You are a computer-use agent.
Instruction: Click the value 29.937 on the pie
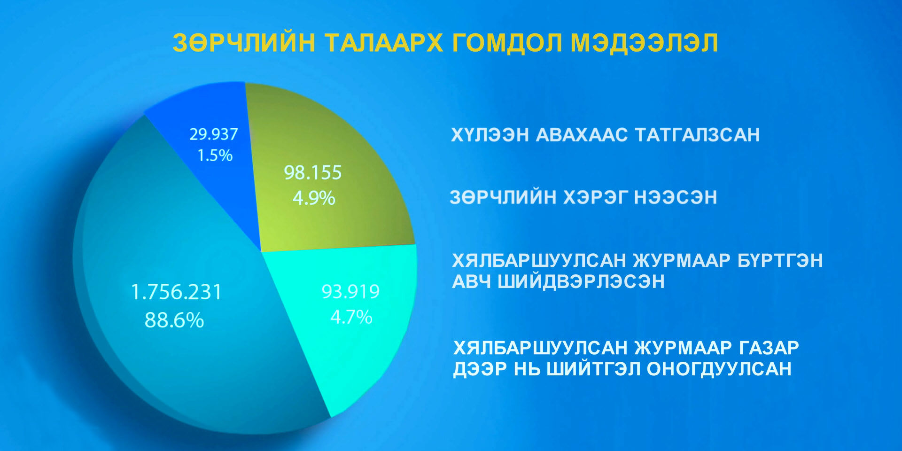[214, 134]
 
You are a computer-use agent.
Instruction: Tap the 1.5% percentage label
[215, 156]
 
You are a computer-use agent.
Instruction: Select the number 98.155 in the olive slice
[313, 172]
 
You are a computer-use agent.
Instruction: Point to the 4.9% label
[314, 198]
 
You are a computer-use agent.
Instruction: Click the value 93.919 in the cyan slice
[350, 292]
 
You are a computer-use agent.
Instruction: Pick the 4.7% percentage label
[351, 317]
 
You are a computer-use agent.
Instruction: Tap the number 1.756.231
[176, 292]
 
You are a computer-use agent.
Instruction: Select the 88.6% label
[174, 320]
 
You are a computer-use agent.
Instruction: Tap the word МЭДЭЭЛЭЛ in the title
[645, 43]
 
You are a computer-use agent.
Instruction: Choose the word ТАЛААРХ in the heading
[384, 43]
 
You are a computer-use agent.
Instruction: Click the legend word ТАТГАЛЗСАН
[698, 135]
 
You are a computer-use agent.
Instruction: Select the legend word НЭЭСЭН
[676, 197]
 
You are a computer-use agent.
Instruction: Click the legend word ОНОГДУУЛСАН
[719, 369]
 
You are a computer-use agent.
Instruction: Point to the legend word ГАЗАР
[769, 348]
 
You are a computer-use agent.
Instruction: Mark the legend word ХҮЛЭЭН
[490, 135]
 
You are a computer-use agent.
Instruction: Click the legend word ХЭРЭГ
[595, 197]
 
